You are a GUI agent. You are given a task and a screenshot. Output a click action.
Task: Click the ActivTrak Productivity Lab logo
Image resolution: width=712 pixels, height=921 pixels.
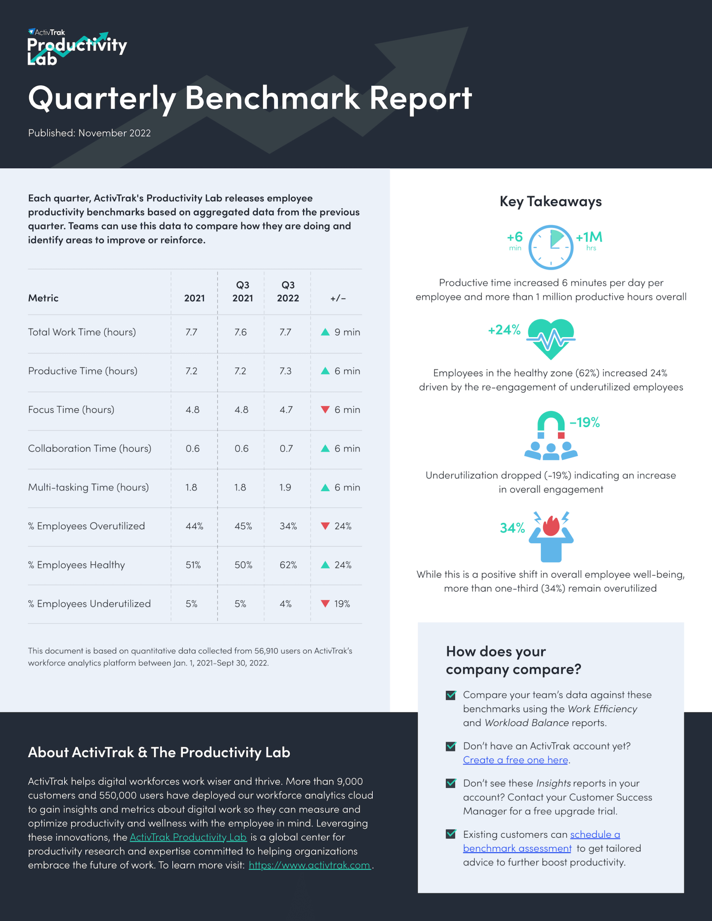click(77, 47)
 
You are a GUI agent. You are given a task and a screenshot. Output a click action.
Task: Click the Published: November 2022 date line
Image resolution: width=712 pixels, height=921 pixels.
click(90, 133)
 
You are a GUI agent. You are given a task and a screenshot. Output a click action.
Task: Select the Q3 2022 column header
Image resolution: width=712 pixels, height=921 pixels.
click(288, 291)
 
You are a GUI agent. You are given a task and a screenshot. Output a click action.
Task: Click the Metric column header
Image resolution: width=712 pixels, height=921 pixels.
click(44, 298)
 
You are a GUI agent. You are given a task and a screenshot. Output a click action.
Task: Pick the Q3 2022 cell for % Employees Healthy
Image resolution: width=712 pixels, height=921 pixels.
click(288, 565)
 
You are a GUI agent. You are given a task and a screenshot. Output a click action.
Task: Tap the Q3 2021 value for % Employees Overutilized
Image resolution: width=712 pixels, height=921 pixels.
click(243, 526)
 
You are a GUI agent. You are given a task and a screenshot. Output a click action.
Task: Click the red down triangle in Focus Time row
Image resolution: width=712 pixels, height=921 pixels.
click(325, 409)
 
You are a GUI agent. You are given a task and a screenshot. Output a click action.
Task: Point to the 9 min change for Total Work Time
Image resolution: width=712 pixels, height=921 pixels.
click(347, 332)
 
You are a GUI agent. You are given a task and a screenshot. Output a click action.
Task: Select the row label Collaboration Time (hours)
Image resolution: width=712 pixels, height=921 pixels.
click(90, 449)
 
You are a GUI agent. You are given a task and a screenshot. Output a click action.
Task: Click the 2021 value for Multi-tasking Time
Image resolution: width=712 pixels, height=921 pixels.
click(191, 487)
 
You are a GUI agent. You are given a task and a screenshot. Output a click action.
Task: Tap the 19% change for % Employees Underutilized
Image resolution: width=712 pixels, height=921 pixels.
click(342, 604)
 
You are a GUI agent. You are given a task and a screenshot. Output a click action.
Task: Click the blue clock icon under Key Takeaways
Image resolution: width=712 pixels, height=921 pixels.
click(550, 247)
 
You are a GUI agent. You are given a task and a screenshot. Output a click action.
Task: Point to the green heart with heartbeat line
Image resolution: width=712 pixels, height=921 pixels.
click(551, 339)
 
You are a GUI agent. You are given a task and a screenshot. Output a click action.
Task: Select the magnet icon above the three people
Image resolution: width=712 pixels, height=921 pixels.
click(551, 424)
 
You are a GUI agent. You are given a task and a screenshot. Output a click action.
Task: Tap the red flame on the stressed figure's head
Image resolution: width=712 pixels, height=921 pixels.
click(551, 526)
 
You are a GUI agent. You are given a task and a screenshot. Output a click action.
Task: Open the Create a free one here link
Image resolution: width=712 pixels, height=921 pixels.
click(516, 760)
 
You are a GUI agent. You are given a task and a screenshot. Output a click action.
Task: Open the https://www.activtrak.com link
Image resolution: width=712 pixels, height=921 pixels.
click(309, 865)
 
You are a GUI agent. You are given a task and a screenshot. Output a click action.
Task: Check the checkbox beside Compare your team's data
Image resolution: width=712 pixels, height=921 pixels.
click(451, 695)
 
